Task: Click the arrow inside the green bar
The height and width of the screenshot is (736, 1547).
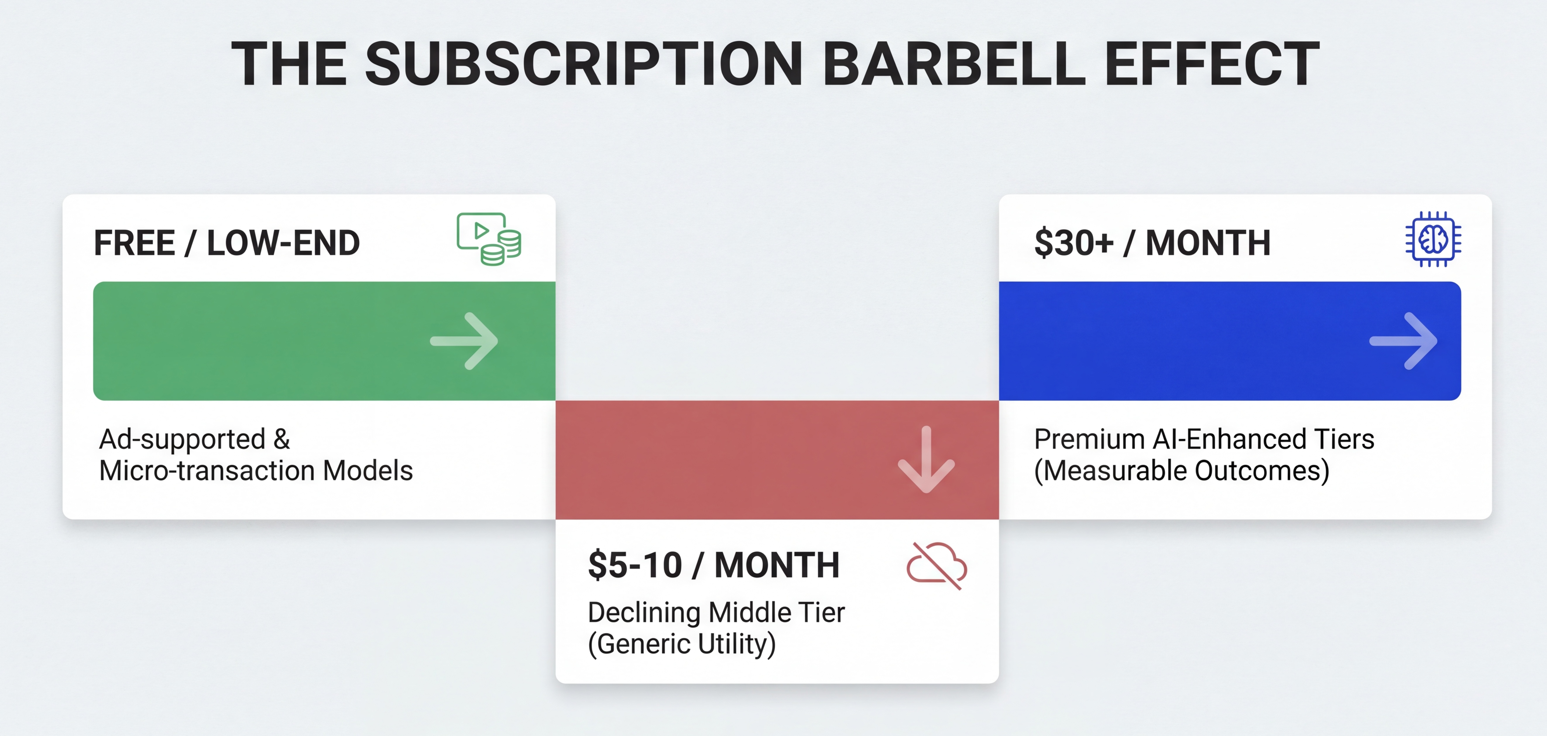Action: (x=464, y=341)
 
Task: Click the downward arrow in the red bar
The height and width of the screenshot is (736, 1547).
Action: (x=926, y=460)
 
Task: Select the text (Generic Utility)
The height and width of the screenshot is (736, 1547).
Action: (x=682, y=644)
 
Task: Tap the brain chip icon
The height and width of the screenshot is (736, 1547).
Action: (x=1433, y=239)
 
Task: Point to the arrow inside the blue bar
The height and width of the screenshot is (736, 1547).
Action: (x=1404, y=341)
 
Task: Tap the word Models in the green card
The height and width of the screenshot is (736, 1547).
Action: (x=368, y=470)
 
